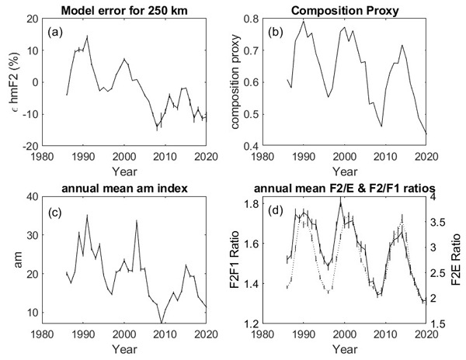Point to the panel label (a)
(x=56, y=33)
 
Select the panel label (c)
(x=56, y=209)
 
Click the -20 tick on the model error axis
(x=30, y=145)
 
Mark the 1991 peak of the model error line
(x=87, y=36)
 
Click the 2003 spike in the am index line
(x=137, y=220)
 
